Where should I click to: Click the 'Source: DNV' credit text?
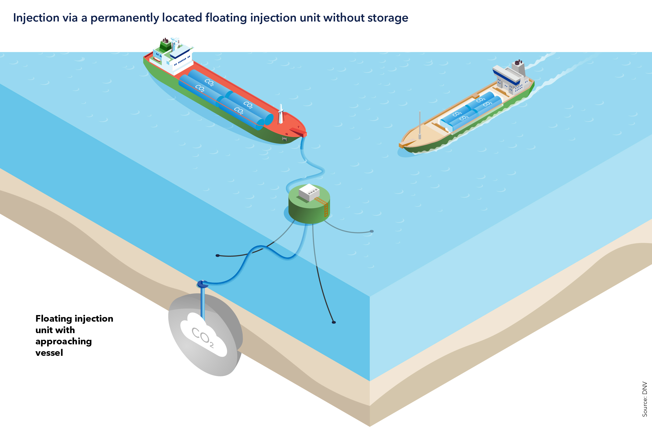645,399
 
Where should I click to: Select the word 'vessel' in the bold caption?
49,353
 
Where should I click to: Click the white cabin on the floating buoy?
309,192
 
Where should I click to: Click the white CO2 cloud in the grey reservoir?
203,336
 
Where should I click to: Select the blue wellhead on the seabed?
203,284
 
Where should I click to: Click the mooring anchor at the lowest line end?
334,322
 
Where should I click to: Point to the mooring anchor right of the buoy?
372,231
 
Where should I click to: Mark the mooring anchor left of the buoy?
217,256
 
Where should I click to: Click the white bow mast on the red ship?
281,114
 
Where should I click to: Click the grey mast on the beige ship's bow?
420,125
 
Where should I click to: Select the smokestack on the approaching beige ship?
518,66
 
